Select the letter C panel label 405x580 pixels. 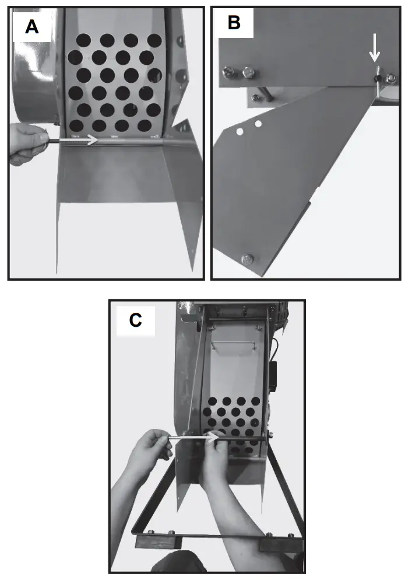click(135, 320)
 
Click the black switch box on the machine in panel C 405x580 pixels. click(273, 373)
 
